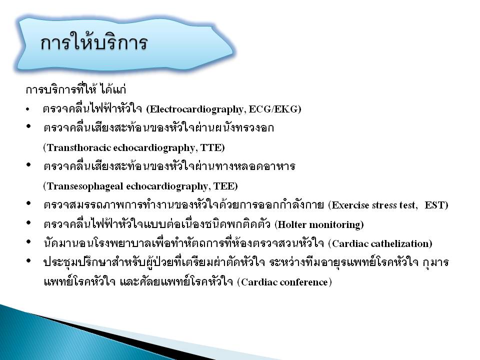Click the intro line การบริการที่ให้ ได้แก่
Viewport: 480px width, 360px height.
76,89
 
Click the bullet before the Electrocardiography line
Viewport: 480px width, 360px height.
28,109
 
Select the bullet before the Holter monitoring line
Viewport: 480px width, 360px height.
29,223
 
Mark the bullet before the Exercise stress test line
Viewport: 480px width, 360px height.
29,203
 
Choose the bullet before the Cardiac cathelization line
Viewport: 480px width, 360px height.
29,242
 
